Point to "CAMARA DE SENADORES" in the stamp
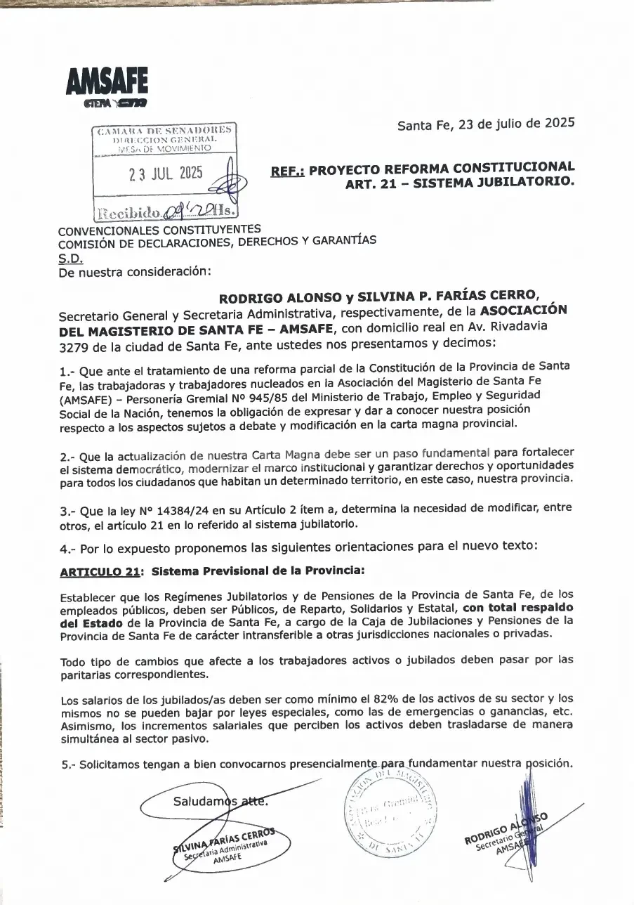click(x=165, y=131)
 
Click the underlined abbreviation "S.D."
click(x=70, y=257)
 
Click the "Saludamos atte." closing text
click(x=220, y=802)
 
